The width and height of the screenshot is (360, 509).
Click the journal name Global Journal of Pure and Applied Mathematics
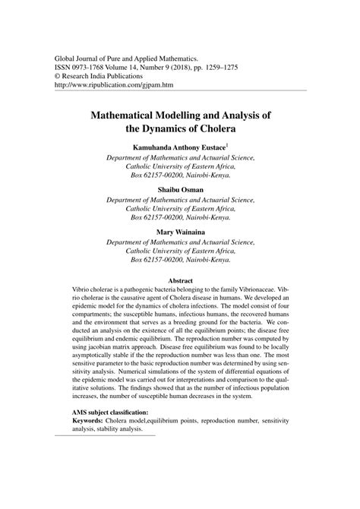tap(128, 57)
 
